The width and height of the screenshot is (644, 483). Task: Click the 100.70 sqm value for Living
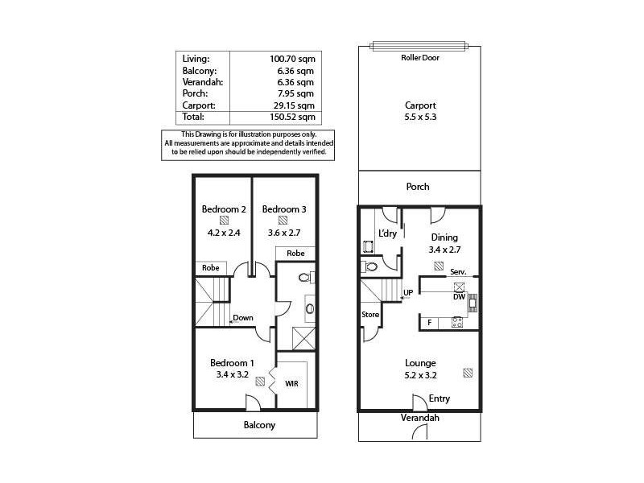point(291,58)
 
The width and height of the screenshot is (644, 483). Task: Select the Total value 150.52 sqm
point(291,117)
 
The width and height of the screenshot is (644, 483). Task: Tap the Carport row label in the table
point(199,105)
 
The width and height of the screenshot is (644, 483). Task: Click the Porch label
point(418,187)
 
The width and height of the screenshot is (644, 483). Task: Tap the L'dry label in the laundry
point(387,234)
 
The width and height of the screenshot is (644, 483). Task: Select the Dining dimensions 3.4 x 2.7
point(444,250)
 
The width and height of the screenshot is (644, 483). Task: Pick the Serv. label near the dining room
point(459,272)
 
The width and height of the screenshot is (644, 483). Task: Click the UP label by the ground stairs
point(408,292)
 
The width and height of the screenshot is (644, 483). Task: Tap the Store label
point(369,314)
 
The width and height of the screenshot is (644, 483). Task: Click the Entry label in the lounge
point(440,398)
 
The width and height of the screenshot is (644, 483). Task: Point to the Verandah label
point(419,418)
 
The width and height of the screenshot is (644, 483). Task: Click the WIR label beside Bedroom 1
point(291,384)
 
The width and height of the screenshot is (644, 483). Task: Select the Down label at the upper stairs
point(243,317)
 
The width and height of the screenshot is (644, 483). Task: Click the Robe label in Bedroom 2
point(210,268)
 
